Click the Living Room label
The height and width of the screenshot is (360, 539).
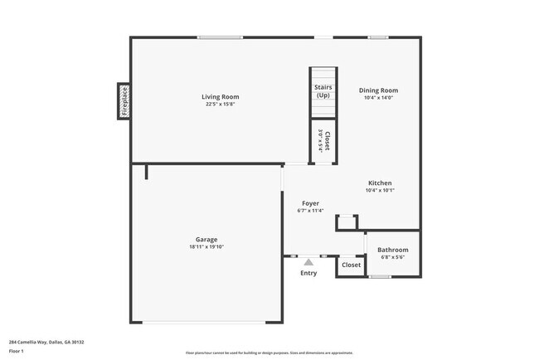(220, 97)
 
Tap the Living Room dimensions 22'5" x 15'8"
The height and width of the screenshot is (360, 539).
(220, 105)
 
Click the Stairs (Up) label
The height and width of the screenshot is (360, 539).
(323, 91)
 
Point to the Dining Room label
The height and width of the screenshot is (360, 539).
(378, 90)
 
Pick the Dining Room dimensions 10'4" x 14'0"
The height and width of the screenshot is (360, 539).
(378, 98)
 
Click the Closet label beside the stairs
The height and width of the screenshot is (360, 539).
(328, 139)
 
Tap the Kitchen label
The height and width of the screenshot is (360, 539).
(380, 183)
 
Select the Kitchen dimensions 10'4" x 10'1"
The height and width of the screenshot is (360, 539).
(380, 191)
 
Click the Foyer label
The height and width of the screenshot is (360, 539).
(310, 203)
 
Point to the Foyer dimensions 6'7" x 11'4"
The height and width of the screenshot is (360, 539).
(310, 211)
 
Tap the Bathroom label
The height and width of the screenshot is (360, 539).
(392, 250)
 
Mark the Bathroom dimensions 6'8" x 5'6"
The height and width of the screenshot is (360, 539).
(392, 257)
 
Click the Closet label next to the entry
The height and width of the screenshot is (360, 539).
(352, 265)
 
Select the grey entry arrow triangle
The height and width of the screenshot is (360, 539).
(308, 262)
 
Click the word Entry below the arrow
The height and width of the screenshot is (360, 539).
(308, 273)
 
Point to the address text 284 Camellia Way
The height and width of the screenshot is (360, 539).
(46, 342)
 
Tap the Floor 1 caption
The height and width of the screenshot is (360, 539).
(17, 351)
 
